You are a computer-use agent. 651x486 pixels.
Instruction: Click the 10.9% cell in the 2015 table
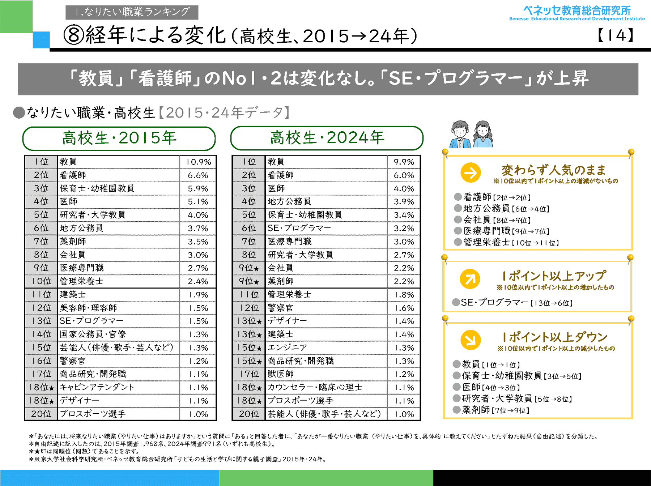[198, 162]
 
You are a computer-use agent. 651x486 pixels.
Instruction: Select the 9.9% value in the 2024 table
[404, 162]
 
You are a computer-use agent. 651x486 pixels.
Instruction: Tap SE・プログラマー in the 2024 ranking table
[299, 228]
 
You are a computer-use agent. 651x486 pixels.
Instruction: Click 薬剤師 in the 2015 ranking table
[73, 242]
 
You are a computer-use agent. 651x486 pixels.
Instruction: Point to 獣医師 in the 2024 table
[281, 374]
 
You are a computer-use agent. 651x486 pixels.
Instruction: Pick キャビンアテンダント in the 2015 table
[97, 387]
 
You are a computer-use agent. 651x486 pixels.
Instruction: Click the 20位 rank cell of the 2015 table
[41, 414]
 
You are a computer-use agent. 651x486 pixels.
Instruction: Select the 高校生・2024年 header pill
[327, 138]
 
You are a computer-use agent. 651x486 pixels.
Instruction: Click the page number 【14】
[615, 35]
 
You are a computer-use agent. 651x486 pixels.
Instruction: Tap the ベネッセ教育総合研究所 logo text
[577, 11]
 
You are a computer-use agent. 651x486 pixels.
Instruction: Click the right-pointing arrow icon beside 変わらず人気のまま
[471, 173]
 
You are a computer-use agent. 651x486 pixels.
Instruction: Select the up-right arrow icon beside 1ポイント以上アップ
[470, 279]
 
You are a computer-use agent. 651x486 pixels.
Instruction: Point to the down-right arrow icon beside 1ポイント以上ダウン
[471, 340]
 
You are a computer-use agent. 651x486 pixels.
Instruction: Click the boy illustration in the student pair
[460, 134]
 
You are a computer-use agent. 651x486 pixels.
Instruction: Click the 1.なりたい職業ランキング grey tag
[132, 12]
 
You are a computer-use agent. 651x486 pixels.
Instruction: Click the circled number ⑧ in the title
[73, 35]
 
